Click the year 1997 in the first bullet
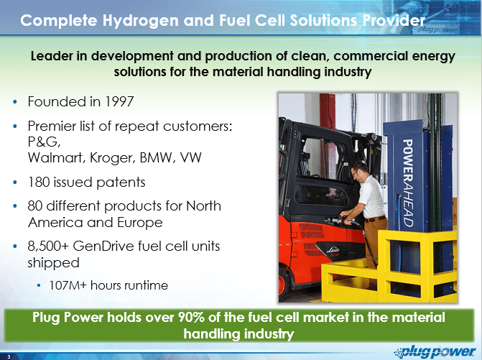click(x=119, y=102)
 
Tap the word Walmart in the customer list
click(x=56, y=157)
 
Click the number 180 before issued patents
click(x=38, y=183)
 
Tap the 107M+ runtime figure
click(x=68, y=285)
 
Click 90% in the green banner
click(x=191, y=318)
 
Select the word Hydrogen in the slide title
click(x=140, y=21)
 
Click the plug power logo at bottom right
click(x=435, y=351)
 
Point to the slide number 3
click(x=9, y=356)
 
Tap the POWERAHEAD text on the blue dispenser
click(x=408, y=183)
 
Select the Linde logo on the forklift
click(x=334, y=249)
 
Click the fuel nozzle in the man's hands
click(x=338, y=220)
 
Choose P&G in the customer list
click(x=44, y=142)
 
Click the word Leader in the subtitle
click(x=52, y=56)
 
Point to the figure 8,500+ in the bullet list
click(x=48, y=246)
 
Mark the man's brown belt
click(x=376, y=219)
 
